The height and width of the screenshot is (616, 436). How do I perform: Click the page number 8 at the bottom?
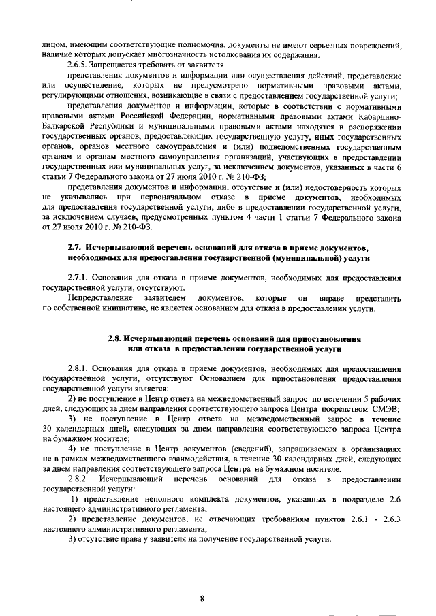[x=202, y=598]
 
